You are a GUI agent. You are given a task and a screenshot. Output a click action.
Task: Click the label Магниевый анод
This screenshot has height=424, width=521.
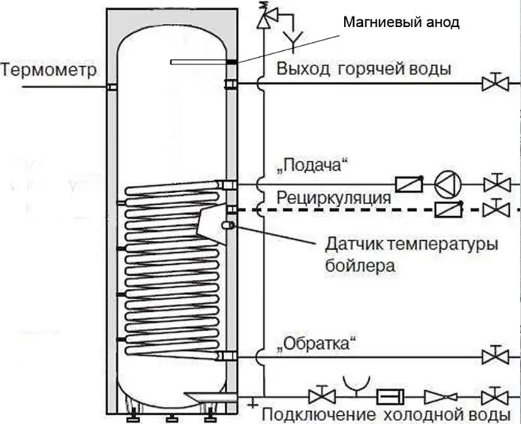(401, 23)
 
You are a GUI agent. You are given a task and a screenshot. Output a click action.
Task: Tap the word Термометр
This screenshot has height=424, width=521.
(49, 71)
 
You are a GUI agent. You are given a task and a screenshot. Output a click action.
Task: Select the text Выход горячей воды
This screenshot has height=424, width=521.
(364, 69)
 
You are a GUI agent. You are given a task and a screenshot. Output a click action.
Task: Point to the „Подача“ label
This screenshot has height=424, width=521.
(313, 165)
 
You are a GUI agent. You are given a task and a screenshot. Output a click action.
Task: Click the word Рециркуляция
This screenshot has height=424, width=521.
(334, 198)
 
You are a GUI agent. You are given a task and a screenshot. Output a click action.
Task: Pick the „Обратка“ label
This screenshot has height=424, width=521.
(316, 343)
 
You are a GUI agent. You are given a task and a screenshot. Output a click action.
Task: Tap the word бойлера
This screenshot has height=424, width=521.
(360, 266)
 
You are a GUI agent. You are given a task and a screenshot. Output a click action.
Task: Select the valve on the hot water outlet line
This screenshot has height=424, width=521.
(496, 83)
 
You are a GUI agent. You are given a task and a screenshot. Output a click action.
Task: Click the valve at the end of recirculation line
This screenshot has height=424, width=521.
(496, 209)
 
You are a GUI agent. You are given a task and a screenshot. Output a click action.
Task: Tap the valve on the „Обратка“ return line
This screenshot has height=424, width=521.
(496, 356)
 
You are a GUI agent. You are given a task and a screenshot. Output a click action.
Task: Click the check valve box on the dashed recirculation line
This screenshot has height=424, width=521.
(448, 209)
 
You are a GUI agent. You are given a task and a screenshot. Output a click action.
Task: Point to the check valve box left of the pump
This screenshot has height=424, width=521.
(409, 184)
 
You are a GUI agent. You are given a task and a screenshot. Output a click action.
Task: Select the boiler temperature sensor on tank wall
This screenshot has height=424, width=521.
(229, 225)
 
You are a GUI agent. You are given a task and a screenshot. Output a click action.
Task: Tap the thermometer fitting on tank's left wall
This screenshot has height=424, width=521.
(112, 87)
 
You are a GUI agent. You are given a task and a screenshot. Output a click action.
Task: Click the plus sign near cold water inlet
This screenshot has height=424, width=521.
(253, 404)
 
